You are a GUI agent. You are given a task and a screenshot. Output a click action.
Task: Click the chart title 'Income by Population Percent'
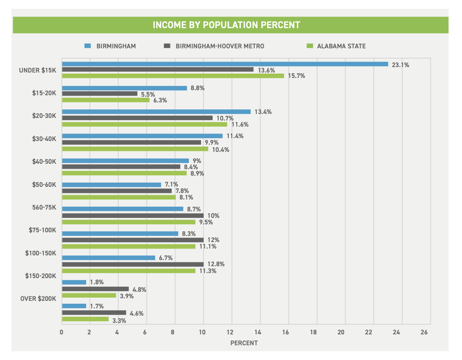click(226, 25)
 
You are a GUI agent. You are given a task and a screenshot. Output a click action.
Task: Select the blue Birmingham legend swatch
click(87, 46)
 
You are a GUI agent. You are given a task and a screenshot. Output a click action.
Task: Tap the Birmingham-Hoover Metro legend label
click(220, 46)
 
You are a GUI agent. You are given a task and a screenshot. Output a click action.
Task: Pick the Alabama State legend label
click(341, 46)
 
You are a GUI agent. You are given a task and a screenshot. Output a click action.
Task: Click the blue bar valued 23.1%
click(225, 64)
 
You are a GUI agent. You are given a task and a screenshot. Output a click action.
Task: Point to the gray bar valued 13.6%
click(158, 70)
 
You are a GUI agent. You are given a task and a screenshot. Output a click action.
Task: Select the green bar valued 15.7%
click(173, 76)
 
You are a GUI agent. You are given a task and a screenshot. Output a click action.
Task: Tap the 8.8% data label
click(198, 88)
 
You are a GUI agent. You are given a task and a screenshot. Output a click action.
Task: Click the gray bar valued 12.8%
click(133, 264)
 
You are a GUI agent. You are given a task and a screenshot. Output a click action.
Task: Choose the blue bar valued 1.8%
click(74, 282)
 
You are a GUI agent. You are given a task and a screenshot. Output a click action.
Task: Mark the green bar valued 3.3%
click(85, 319)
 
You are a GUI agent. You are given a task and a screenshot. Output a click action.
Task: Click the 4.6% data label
click(137, 313)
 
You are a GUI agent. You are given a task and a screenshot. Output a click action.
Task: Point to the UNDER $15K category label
click(38, 70)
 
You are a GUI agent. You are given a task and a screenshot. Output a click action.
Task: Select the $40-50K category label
click(44, 161)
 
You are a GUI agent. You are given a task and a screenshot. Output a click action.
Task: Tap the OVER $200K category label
click(38, 299)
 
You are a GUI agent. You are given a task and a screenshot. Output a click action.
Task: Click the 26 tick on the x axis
click(424, 332)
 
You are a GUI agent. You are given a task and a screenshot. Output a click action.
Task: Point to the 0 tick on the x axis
click(62, 332)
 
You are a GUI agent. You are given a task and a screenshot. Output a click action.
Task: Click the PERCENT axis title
click(244, 343)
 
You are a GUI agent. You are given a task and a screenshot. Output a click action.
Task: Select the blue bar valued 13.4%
click(156, 112)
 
